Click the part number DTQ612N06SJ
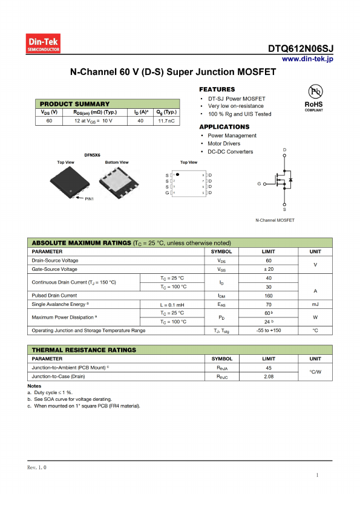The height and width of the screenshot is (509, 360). [301, 49]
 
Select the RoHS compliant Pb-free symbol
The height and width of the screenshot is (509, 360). [313, 95]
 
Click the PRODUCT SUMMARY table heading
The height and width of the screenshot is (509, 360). [75, 104]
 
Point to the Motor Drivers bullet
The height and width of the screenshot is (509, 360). [223, 144]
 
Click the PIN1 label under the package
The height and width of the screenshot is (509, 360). [89, 199]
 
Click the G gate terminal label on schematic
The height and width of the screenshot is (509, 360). [259, 183]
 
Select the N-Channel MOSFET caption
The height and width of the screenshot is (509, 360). [275, 220]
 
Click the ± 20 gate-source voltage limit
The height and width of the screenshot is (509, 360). [269, 269]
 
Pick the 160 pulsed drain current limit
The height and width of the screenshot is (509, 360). [269, 296]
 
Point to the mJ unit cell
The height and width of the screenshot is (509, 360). [315, 305]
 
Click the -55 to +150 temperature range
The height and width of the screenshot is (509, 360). [269, 331]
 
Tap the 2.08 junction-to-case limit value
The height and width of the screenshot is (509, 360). [269, 376]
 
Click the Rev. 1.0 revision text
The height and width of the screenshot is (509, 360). [37, 468]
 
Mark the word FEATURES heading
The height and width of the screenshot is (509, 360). [217, 89]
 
